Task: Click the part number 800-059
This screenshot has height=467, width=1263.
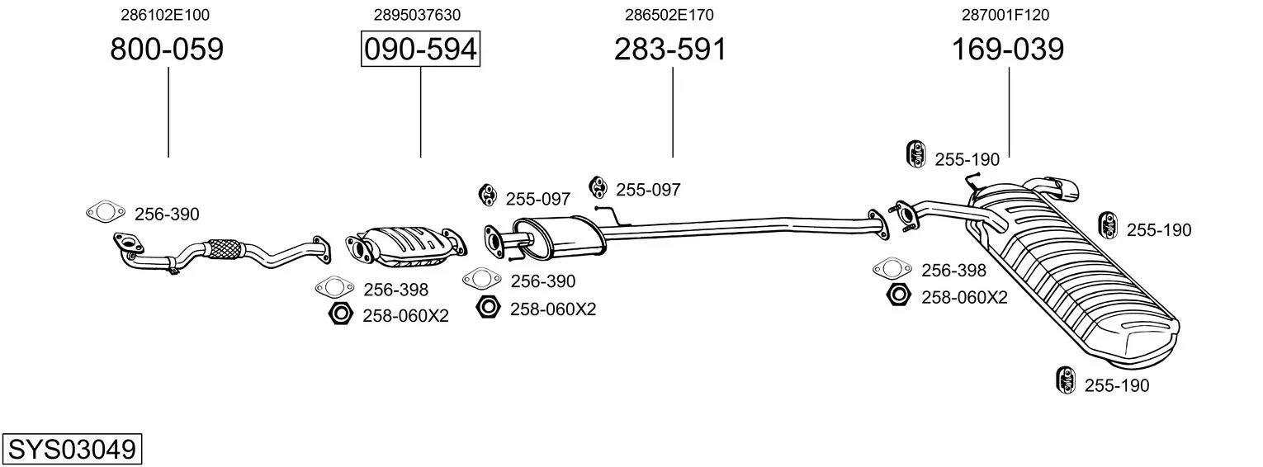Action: coord(167,49)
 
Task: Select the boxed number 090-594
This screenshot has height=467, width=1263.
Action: coord(421,49)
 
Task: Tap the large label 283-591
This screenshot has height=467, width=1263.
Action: coord(670,49)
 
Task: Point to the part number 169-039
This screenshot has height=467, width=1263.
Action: coord(1008,49)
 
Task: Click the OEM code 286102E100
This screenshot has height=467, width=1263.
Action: coord(165,15)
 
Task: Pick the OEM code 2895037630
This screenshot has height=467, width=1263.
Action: coord(417,15)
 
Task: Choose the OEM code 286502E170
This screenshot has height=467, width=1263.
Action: coord(669,15)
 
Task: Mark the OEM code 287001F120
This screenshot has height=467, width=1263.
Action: coord(1006,15)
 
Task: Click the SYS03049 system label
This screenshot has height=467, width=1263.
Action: coord(72,450)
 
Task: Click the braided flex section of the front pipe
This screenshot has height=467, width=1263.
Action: coord(225,250)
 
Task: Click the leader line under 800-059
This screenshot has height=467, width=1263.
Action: coord(168,112)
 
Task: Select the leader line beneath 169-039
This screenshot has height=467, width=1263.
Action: coord(1009,112)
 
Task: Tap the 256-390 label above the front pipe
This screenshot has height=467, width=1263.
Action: coord(167,215)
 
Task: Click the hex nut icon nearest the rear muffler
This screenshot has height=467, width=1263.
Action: coord(899,295)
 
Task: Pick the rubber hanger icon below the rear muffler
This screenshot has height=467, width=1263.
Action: coord(1065,380)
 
